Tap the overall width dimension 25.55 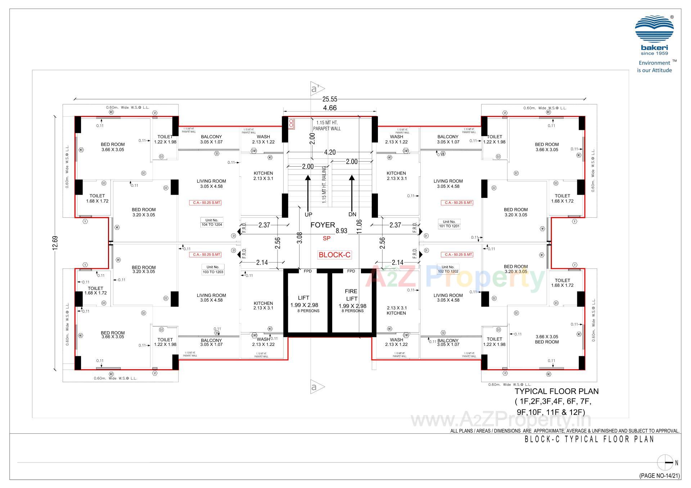330,99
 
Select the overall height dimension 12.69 55,243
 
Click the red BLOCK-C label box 334,255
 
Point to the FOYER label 322,225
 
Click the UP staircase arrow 308,193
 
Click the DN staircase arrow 352,193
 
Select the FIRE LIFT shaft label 351,295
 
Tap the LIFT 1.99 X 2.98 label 304,302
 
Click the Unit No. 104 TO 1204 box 212,222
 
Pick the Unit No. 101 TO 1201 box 449,224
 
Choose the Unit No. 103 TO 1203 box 213,270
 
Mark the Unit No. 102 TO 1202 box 448,269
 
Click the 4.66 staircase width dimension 330,108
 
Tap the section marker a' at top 317,89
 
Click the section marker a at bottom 317,387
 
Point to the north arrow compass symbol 665,463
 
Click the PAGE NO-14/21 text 659,476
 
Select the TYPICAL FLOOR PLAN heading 556,391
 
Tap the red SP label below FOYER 326,238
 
